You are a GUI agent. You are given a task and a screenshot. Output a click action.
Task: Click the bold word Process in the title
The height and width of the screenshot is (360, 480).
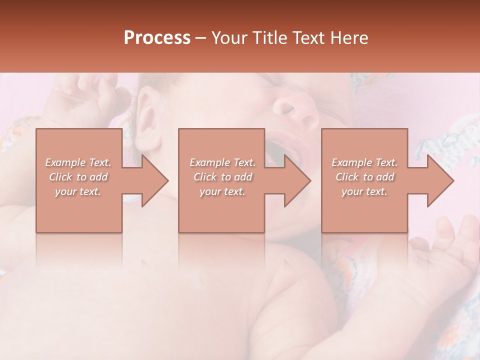tap(157, 38)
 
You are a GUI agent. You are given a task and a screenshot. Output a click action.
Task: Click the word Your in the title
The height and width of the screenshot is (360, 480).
tap(230, 38)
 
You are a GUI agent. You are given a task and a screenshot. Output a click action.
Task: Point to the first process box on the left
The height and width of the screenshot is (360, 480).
tap(79, 210)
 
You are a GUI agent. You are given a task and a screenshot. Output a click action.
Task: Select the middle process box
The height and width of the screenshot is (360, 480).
tap(221, 210)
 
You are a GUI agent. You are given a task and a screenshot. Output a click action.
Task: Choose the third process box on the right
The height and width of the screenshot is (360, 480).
tap(364, 210)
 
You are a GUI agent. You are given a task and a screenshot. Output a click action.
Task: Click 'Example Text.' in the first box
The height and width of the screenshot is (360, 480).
tap(78, 162)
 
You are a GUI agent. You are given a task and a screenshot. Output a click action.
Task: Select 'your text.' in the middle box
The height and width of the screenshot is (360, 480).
tap(222, 191)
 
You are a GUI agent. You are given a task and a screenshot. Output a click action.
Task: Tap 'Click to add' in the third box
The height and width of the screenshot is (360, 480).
tap(365, 177)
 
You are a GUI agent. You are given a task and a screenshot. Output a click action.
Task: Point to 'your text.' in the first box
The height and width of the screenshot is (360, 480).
tap(78, 191)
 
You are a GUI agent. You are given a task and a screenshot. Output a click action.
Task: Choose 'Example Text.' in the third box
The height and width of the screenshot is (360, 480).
tap(365, 162)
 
